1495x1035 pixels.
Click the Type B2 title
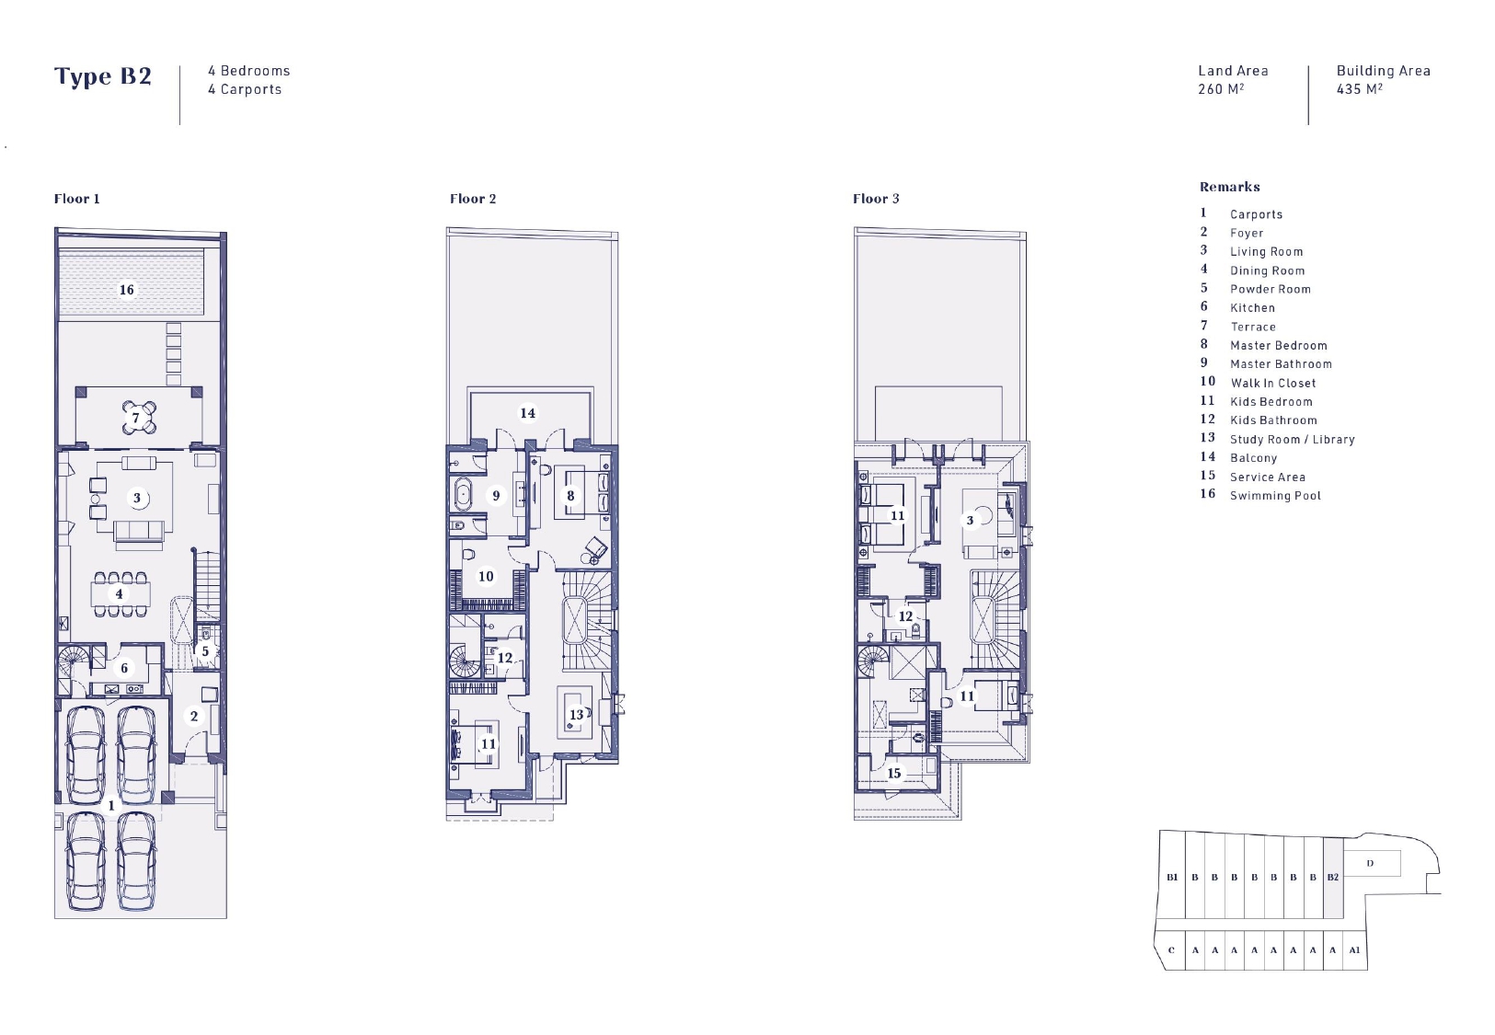click(x=103, y=76)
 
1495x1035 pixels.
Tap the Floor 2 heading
click(x=473, y=199)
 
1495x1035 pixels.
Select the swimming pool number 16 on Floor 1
click(x=127, y=290)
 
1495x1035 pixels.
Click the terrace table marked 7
click(x=139, y=418)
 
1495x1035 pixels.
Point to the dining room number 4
click(x=119, y=594)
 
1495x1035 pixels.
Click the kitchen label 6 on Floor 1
click(x=124, y=667)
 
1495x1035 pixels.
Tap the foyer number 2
click(x=193, y=716)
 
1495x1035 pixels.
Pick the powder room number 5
click(x=205, y=651)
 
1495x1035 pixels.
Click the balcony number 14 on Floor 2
click(x=527, y=413)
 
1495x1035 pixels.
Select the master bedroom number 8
click(x=570, y=496)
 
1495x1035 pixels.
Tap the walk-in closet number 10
click(x=486, y=576)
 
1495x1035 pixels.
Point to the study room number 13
click(x=576, y=715)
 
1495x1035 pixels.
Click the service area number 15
click(x=893, y=773)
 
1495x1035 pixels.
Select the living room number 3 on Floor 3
click(x=970, y=521)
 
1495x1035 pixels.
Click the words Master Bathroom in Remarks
click(x=1281, y=364)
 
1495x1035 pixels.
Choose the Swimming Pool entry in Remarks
click(x=1275, y=496)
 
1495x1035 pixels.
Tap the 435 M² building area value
click(x=1359, y=88)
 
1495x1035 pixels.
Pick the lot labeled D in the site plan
click(x=1370, y=864)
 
